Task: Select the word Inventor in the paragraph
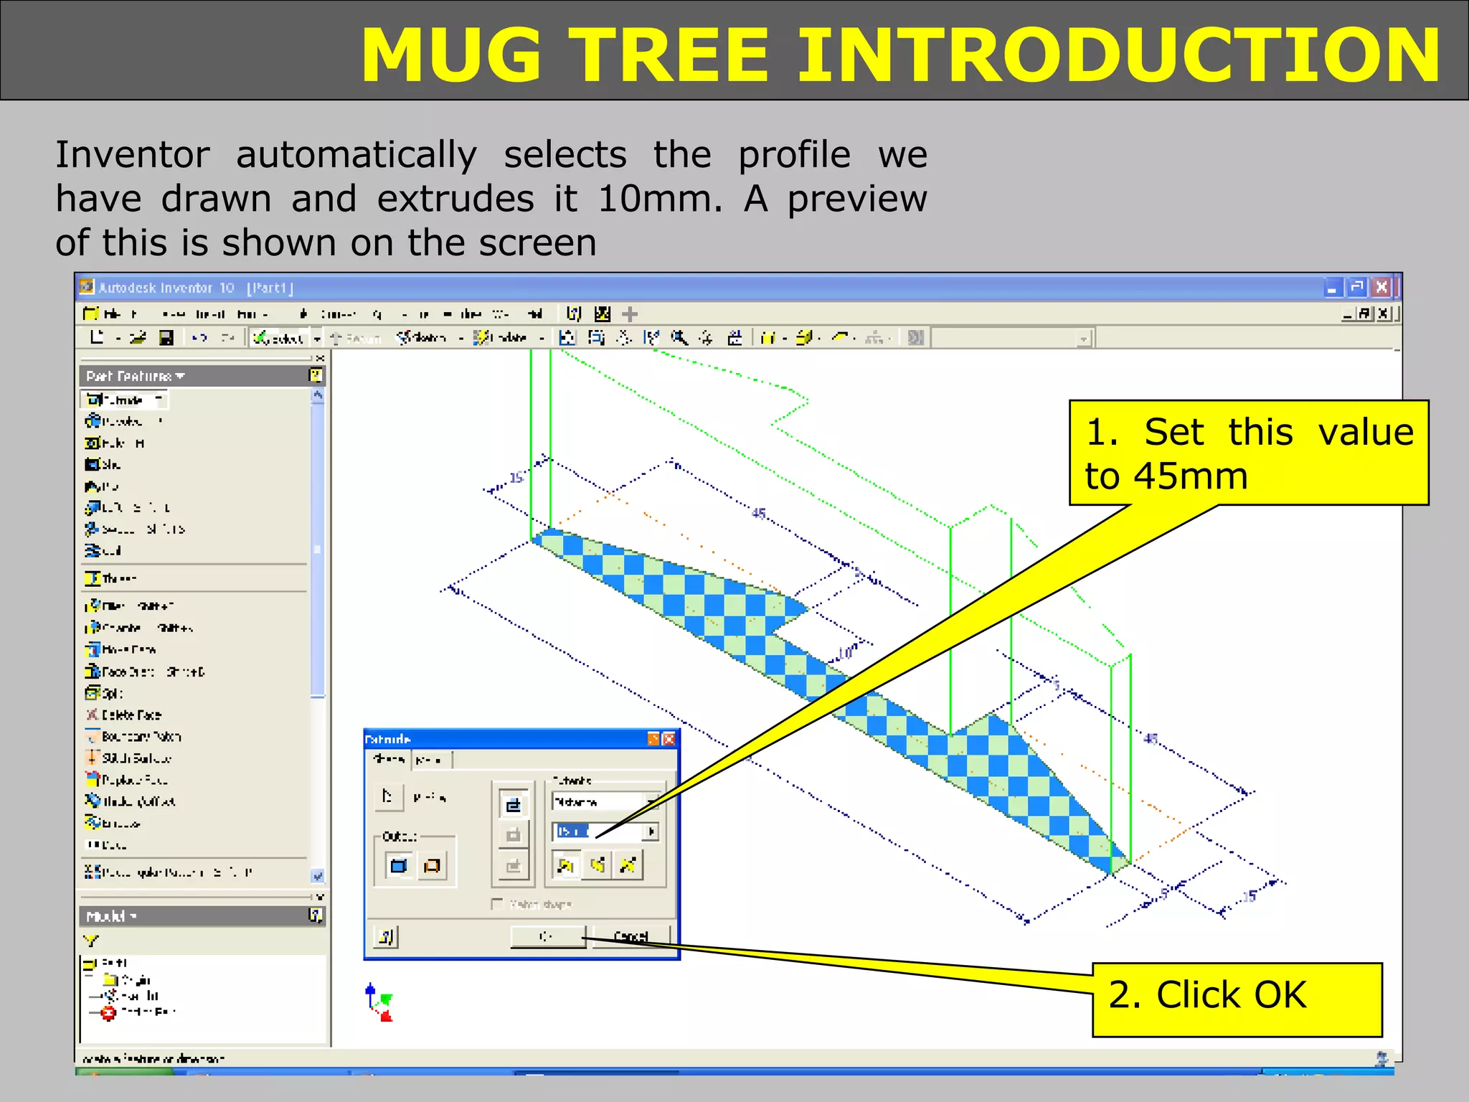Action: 133,155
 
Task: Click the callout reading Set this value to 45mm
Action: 1248,453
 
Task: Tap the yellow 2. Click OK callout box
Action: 1237,999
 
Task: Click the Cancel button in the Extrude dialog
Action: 631,936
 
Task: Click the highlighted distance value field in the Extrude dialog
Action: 574,831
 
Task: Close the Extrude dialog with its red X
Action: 669,739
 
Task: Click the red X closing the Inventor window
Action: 1381,288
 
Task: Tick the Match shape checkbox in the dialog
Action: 497,904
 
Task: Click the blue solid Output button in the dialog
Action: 398,866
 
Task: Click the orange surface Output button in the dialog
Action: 432,866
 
